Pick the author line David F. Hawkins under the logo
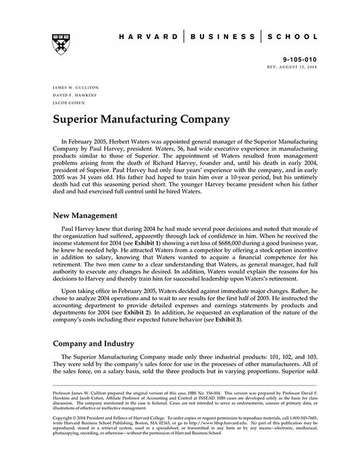(68, 95)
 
